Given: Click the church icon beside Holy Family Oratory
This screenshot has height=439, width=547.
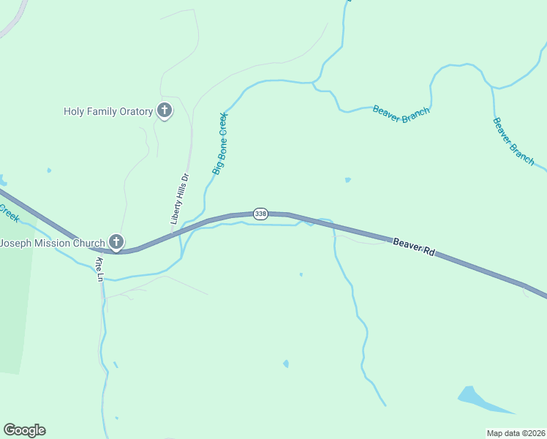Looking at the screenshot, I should coord(165,111).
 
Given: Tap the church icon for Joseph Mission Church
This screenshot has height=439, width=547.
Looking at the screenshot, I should coord(116,241).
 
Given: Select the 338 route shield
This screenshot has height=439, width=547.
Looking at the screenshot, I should coord(260,214).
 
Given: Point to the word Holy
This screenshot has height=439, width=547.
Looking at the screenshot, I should coord(74,112).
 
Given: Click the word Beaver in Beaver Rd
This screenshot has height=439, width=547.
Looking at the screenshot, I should coord(407,244).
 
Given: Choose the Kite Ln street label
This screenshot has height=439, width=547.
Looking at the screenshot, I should coord(99,269).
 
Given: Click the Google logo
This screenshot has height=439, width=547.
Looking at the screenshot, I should coord(24,430).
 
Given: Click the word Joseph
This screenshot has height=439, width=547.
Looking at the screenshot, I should coord(15,242).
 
